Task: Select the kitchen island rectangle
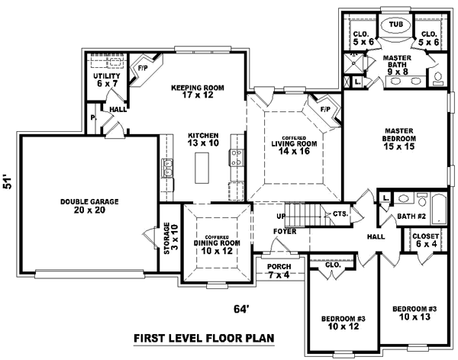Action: (203, 167)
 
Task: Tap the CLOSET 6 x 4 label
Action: (425, 241)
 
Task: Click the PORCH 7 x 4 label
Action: (279, 269)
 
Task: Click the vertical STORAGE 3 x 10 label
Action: (170, 239)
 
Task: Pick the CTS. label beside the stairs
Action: (340, 214)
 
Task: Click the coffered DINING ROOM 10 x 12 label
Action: (218, 243)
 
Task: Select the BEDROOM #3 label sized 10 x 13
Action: (414, 313)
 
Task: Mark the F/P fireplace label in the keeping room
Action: (142, 68)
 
